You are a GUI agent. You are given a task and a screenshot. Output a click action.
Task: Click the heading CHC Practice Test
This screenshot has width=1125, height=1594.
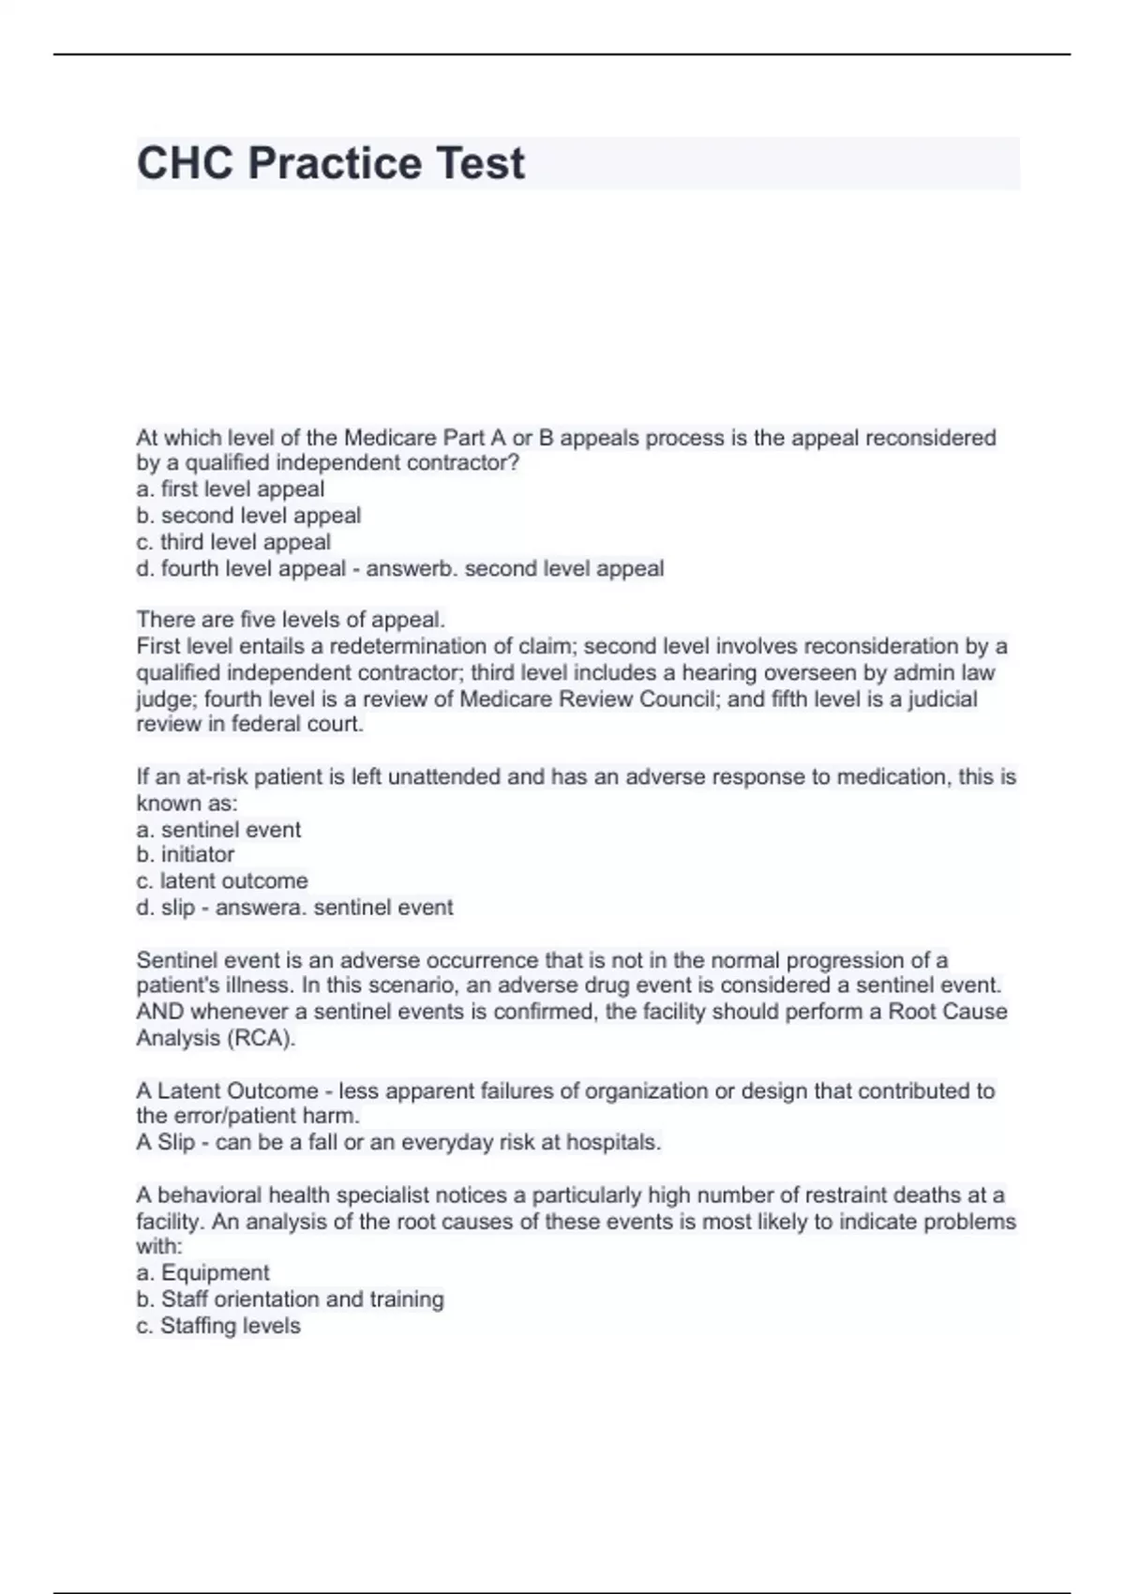point(330,163)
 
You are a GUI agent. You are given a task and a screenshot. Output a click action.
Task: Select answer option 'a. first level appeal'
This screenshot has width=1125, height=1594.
point(230,489)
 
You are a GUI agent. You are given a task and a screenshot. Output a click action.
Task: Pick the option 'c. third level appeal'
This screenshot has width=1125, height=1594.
point(233,542)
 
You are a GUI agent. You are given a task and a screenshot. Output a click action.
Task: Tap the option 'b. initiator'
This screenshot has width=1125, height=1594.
point(185,854)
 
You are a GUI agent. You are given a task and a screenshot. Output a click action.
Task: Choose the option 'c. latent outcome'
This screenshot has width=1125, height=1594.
point(221,880)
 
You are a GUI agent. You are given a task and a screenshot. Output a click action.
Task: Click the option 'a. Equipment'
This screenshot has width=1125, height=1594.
point(202,1272)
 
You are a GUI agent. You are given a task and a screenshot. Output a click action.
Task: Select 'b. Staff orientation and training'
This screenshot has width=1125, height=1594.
point(290,1299)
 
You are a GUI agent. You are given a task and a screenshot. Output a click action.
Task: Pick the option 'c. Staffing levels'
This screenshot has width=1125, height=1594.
point(217,1326)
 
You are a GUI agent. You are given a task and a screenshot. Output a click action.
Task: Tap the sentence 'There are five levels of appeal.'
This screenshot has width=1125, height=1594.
point(291,620)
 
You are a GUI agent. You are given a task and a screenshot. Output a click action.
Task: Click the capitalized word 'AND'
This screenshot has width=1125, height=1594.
point(160,1012)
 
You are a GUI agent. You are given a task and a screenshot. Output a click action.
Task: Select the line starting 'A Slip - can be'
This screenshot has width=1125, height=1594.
point(398,1142)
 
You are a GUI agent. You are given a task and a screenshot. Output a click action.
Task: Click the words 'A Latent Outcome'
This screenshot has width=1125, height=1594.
point(227,1090)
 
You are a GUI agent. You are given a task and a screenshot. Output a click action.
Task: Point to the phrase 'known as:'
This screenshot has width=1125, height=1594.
point(187,803)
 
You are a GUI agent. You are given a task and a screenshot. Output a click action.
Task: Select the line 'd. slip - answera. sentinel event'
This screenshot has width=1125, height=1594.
point(294,907)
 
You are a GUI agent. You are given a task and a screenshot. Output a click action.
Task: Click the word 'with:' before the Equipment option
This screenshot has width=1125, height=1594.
point(159,1246)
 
